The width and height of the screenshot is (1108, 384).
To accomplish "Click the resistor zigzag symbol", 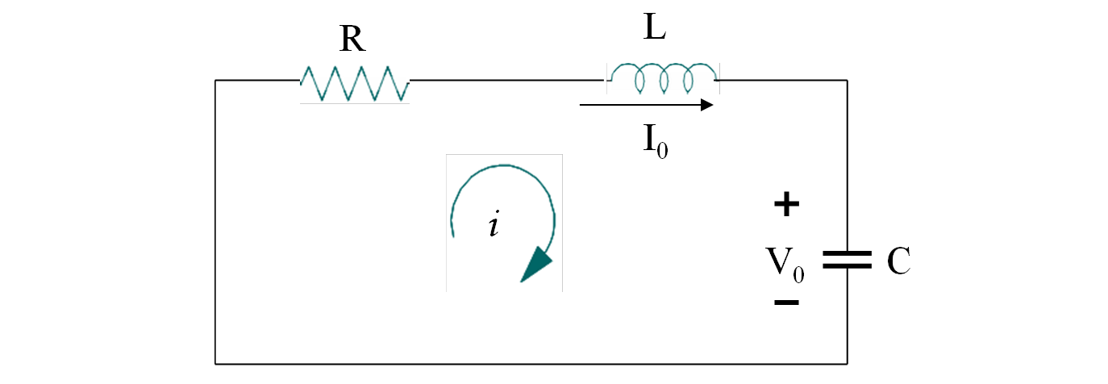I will pos(355,83).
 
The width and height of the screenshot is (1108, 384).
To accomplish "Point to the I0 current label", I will pos(655,144).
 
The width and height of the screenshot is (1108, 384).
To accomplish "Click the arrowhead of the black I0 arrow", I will pos(706,105).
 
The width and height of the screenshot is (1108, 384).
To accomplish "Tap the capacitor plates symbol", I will pos(847,260).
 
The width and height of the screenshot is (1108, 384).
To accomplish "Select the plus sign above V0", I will pos(786,205).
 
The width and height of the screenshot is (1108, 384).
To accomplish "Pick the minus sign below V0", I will pos(786,303).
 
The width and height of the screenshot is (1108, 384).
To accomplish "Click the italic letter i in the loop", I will pos(494,225).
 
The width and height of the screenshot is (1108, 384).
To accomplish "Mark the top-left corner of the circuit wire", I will pos(215,80).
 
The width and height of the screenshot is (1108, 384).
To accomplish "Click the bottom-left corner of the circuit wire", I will pos(215,364).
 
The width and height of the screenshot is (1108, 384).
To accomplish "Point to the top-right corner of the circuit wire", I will pos(847,80).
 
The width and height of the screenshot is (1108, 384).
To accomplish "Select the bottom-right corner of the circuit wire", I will pos(847,364).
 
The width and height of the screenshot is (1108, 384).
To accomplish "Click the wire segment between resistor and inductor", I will pos(508,80).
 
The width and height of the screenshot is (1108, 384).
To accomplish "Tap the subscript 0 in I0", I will pos(662,152).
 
